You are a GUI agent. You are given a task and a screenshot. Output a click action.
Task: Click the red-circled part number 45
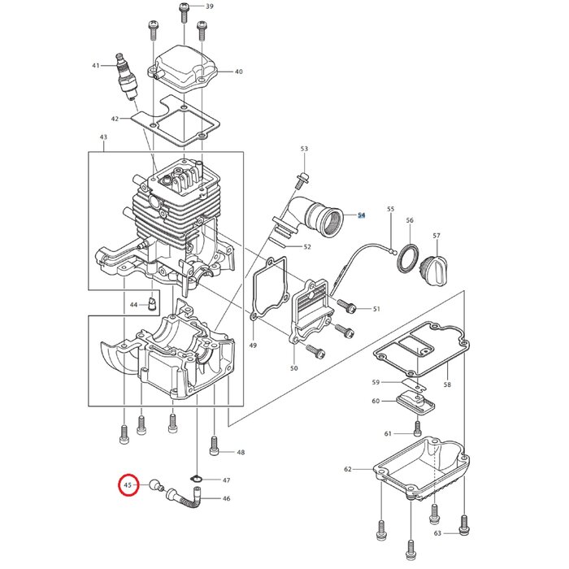[x=128, y=485]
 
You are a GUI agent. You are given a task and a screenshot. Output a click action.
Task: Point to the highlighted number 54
[x=362, y=216]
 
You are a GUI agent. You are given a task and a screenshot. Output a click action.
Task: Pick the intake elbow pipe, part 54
[x=321, y=219]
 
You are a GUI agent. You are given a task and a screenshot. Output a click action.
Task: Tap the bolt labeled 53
[x=304, y=176]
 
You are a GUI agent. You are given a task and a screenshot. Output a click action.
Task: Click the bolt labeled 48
[x=215, y=445]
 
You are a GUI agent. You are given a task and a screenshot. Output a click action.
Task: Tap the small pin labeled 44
[x=150, y=306]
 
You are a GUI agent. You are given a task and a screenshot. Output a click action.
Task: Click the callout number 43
[x=103, y=137]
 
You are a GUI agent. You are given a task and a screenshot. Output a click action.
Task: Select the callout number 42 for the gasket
[x=115, y=119]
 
